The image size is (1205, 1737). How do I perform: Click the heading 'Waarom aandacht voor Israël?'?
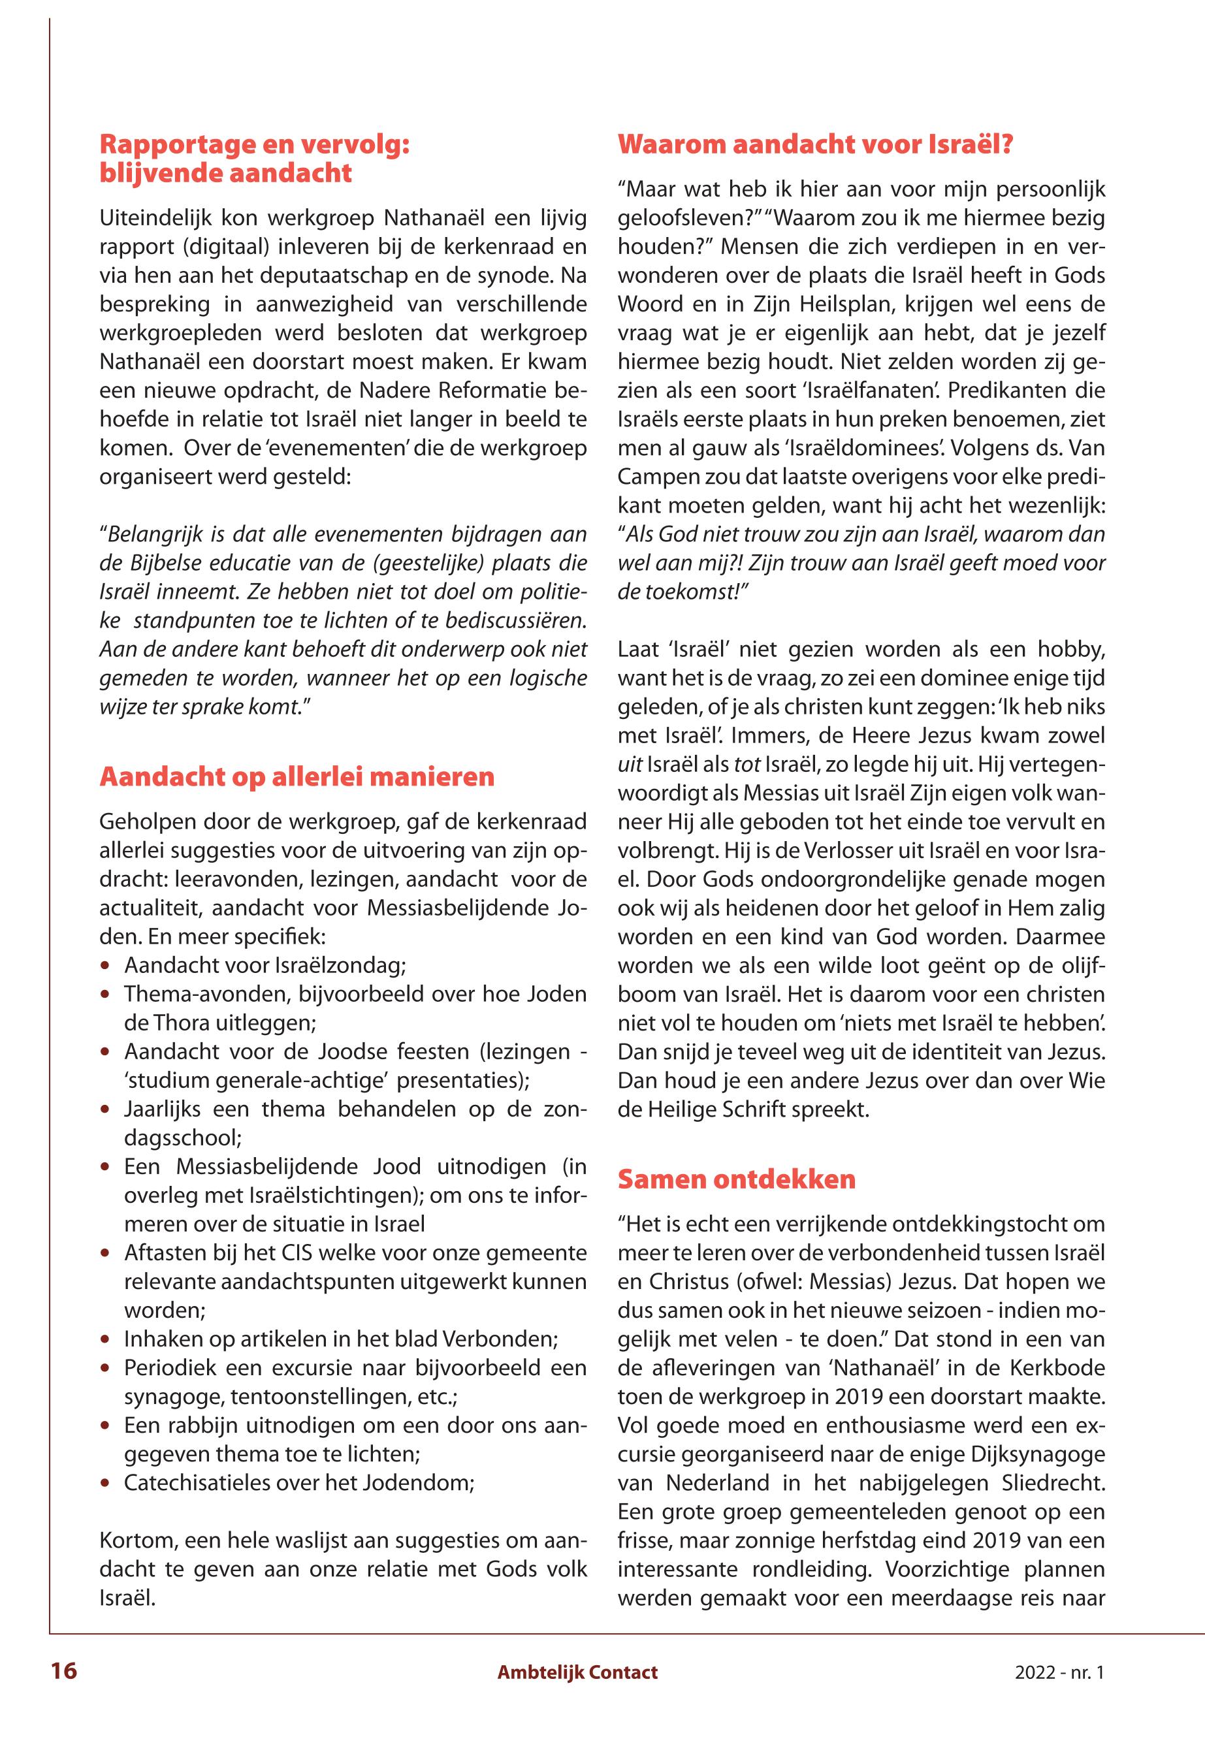point(814,144)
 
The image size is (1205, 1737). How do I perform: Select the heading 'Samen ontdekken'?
point(736,1179)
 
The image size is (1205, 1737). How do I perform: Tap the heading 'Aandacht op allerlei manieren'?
point(297,777)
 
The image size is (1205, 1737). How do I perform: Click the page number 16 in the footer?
point(64,1670)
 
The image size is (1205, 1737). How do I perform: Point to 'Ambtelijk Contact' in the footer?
point(577,1672)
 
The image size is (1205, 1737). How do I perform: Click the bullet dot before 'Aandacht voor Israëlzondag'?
point(106,967)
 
